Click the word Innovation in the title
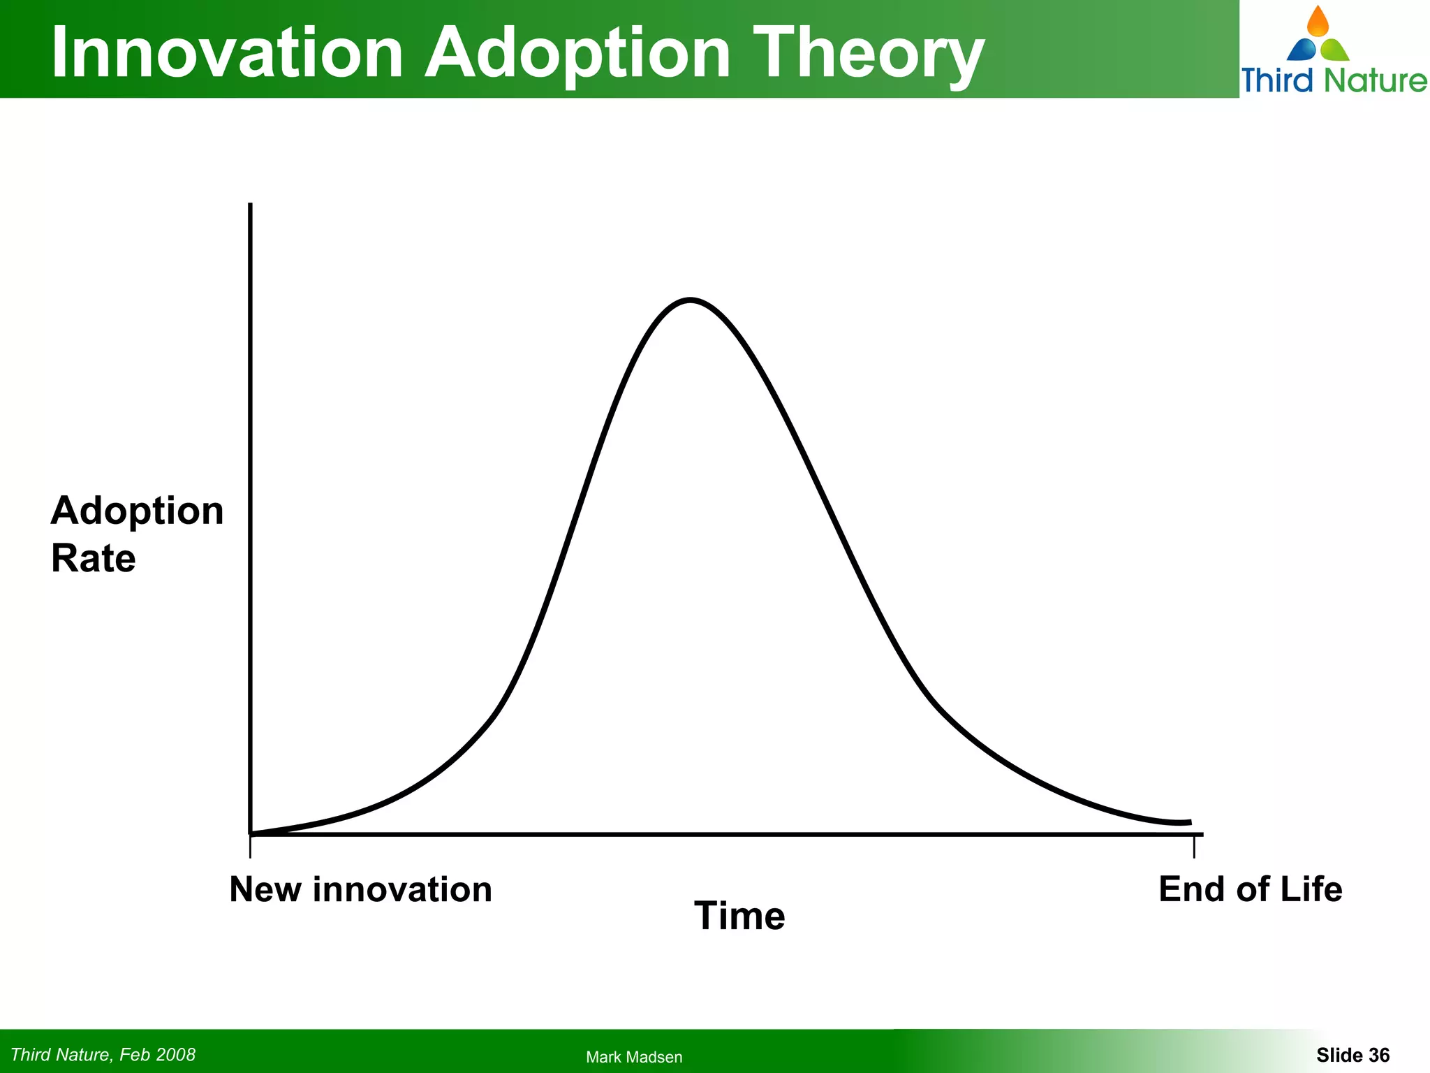tap(228, 53)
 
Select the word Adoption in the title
tap(578, 53)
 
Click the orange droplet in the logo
tap(1318, 22)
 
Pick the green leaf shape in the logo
tap(1335, 50)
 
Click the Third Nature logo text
tap(1334, 80)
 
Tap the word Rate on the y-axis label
tap(94, 559)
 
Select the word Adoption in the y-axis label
tap(137, 511)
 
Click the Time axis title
tap(739, 916)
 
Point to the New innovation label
tap(360, 889)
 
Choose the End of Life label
tap(1250, 889)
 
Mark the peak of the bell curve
tap(690, 300)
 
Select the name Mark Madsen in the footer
tap(634, 1057)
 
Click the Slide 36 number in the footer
tap(1352, 1055)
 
